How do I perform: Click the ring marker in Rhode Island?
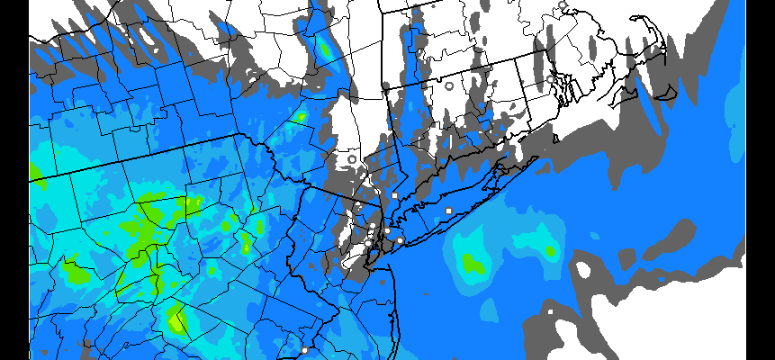(550, 79)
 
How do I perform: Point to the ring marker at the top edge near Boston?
(563, 5)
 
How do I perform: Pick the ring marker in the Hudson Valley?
(351, 159)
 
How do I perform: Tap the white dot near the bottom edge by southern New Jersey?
(304, 349)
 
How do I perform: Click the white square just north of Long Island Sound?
(394, 195)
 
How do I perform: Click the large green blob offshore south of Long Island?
(471, 263)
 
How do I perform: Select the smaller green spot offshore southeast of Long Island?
(548, 250)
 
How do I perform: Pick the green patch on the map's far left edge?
(35, 171)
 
